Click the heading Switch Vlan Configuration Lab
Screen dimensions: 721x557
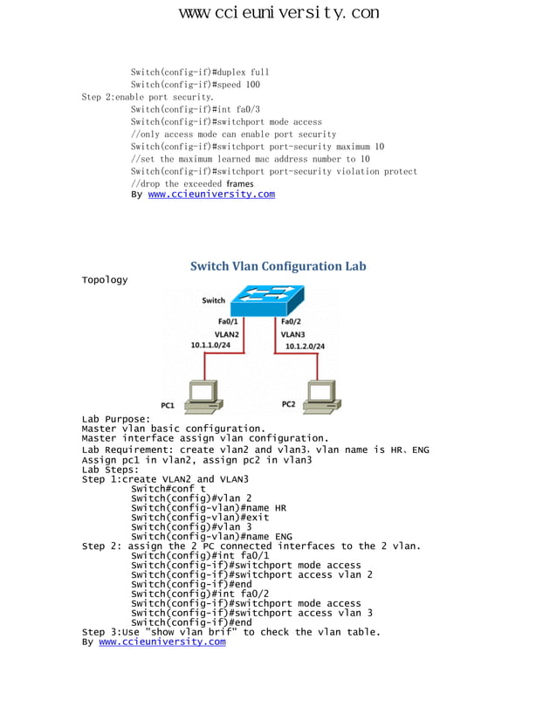278,266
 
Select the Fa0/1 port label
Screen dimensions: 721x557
228,322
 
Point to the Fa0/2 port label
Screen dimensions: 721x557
292,322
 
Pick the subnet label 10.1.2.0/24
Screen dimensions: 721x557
305,347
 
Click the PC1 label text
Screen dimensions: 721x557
168,406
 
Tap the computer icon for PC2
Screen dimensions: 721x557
320,396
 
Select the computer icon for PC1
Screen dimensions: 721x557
206,396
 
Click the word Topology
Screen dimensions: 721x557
104,280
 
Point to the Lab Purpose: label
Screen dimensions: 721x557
116,419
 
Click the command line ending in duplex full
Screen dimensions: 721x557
200,72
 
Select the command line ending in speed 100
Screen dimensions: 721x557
196,85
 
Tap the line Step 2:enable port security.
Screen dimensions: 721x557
148,98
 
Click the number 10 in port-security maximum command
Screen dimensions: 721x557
378,148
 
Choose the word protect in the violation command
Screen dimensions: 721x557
401,172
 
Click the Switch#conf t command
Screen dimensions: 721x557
168,489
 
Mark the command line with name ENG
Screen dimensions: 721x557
211,537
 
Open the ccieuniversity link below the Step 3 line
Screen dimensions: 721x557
162,642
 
